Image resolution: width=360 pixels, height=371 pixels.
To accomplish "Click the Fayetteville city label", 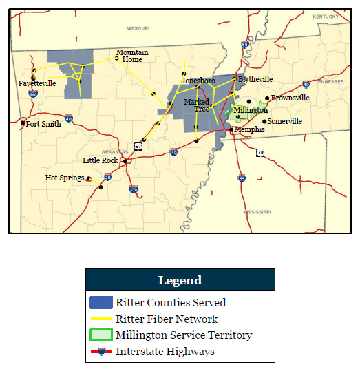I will click(37, 83).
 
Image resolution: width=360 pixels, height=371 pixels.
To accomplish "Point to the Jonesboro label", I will click(198, 81).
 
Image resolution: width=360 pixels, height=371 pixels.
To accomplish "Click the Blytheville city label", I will click(255, 79).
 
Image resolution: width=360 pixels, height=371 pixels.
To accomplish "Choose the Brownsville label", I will click(290, 98).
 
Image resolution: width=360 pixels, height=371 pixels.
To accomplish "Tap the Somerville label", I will click(285, 121).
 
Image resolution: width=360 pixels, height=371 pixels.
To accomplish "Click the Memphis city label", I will click(249, 129).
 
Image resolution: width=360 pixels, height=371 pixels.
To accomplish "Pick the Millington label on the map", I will click(251, 110).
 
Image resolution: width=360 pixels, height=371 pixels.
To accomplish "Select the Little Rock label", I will click(100, 160).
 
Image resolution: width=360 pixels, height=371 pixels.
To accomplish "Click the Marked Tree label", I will click(202, 105).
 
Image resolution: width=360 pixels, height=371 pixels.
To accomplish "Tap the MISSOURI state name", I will click(138, 28).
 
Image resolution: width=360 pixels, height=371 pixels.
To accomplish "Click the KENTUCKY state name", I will click(326, 16).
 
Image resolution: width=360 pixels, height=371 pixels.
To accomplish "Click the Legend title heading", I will click(180, 280).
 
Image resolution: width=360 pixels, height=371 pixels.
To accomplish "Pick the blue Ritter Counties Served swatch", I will click(100, 302).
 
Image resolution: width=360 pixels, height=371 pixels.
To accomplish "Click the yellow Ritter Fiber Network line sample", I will click(100, 319).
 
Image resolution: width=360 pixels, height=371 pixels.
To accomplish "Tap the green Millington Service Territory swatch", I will click(100, 335).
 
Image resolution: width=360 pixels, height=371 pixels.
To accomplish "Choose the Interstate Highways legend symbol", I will click(100, 352).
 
